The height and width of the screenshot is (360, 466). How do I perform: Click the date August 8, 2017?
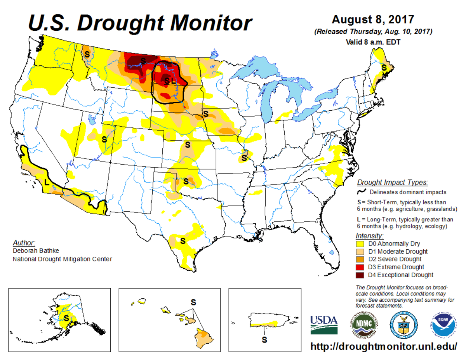tap(373, 19)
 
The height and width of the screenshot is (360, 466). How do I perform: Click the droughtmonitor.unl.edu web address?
tap(384, 346)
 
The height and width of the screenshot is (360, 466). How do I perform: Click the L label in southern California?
tap(47, 181)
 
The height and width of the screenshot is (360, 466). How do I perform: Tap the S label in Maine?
tap(384, 67)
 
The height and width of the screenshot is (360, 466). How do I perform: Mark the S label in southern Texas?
tap(183, 241)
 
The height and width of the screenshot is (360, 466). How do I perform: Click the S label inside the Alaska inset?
tap(66, 318)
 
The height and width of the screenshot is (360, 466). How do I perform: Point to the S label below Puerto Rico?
tap(264, 339)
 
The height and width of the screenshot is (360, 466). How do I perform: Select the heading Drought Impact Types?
tap(392, 182)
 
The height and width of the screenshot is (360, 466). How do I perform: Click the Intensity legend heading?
tap(369, 236)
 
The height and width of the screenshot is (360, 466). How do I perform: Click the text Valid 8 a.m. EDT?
tap(373, 42)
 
